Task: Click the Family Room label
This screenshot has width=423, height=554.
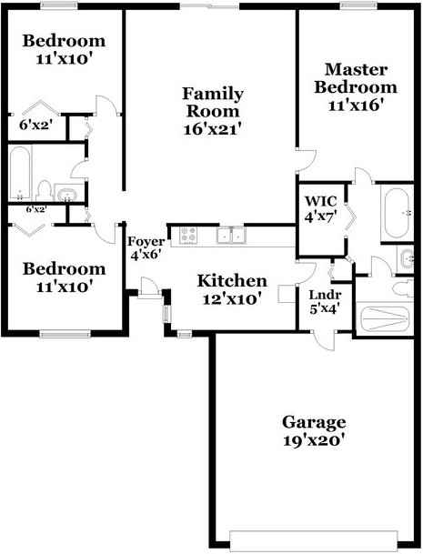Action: point(212,110)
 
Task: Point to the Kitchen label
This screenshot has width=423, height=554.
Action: point(232,289)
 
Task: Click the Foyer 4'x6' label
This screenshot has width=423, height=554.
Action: point(145,248)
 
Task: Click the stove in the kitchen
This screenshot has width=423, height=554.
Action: point(188,236)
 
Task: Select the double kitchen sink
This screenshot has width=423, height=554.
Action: point(230,237)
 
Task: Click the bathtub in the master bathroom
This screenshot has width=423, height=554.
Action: point(396,213)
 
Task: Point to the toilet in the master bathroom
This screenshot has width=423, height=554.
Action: point(397,289)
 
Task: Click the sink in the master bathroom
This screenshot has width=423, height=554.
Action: point(406,259)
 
